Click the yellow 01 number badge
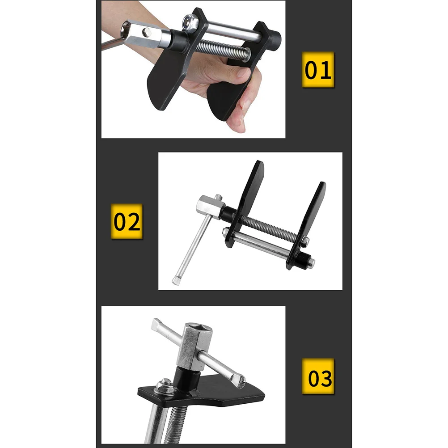click(318, 69)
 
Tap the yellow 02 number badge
click(127, 221)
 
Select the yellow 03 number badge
click(318, 376)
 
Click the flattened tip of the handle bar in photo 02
click(175, 280)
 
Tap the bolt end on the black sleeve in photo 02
click(311, 263)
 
